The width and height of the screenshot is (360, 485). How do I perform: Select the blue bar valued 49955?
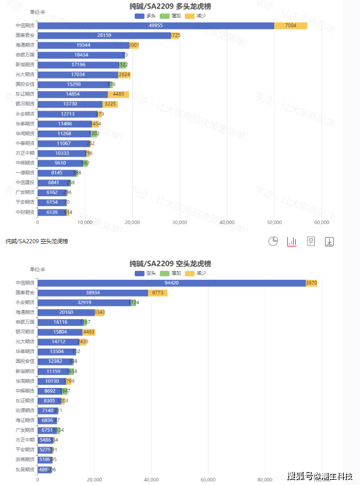156,26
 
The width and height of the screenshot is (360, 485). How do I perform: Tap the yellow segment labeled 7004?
291,26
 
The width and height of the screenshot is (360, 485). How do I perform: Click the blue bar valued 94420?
171,283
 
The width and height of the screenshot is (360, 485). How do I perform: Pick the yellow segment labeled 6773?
157,293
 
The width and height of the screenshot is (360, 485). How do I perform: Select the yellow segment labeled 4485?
118,94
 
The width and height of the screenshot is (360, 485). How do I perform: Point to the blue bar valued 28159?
104,36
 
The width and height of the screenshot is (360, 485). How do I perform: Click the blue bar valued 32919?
84,303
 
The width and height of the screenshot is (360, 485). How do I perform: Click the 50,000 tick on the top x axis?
274,222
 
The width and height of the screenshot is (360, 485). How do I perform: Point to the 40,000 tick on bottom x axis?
151,479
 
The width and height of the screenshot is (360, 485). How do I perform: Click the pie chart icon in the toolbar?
273,241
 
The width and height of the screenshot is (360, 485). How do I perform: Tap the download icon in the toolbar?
329,241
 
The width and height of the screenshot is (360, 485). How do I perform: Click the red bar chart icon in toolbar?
292,241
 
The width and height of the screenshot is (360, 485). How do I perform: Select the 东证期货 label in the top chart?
25,94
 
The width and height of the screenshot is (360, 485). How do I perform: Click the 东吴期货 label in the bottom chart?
25,469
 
